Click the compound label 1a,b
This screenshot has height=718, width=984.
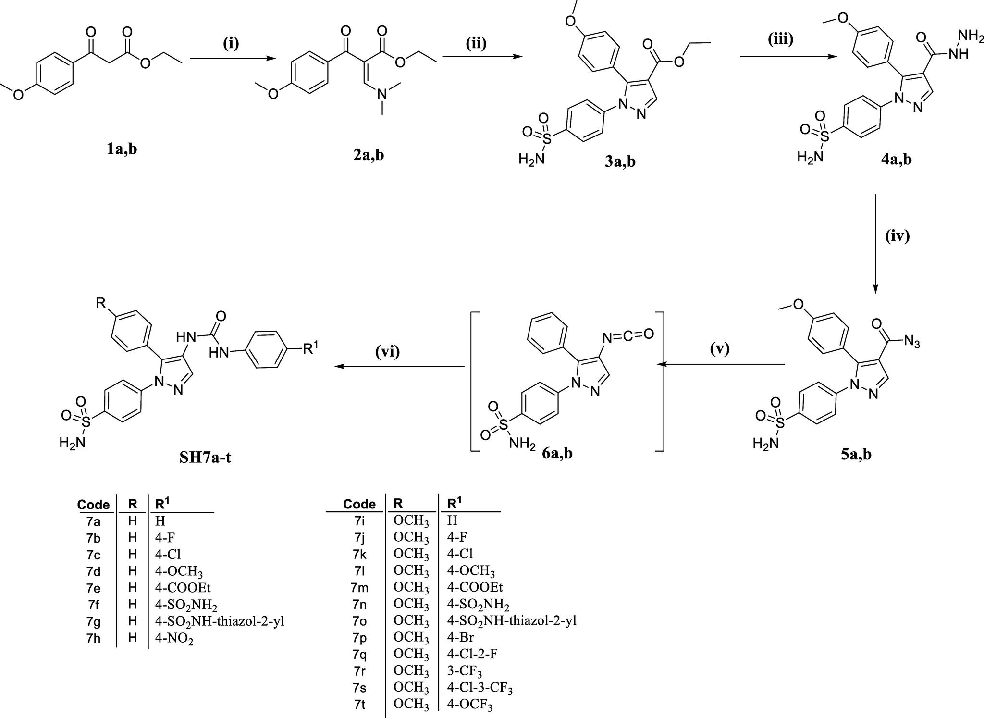click(122, 149)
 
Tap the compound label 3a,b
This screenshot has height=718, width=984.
click(620, 161)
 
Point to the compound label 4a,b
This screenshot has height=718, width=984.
click(896, 159)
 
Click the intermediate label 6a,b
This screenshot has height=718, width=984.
click(557, 453)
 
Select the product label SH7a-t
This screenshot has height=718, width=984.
click(205, 457)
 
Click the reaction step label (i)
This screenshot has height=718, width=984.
click(231, 44)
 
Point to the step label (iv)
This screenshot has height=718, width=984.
click(897, 236)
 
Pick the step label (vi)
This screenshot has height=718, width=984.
click(387, 352)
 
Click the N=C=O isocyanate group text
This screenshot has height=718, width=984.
click(628, 335)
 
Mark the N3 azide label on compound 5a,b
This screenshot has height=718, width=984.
click(911, 342)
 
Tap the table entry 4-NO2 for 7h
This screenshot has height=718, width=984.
click(174, 639)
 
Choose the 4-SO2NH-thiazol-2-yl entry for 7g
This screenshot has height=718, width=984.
click(220, 621)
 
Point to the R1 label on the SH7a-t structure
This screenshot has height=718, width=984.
click(311, 347)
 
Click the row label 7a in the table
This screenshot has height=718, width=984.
click(93, 520)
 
